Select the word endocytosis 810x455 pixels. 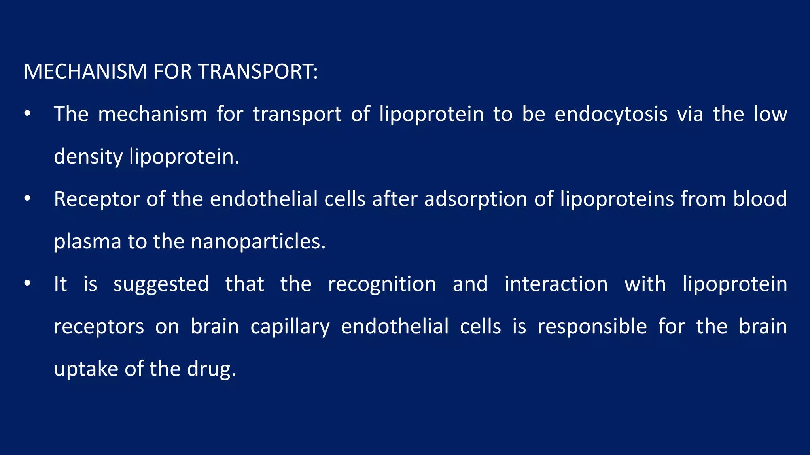coord(611,115)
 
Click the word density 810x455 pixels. coord(88,157)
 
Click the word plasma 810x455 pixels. coord(87,242)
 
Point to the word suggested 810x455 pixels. coord(161,284)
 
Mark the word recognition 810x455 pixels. coord(382,284)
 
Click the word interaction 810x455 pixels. coord(556,284)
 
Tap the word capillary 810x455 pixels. coord(290,327)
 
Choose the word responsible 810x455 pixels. coord(592,327)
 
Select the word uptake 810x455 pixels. coord(86,369)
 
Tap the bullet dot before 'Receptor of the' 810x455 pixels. coord(27,199)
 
